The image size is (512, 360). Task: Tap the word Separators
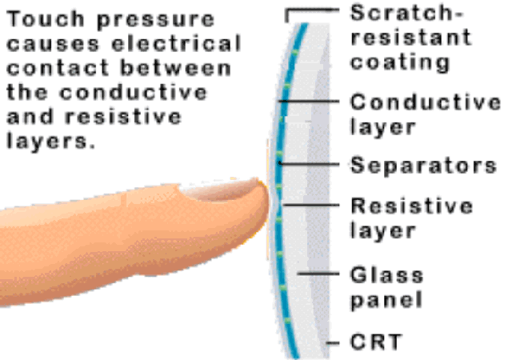423,166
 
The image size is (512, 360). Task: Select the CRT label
375,342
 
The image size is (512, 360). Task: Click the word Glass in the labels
386,275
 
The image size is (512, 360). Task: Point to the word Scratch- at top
407,13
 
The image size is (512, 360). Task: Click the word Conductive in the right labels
425,102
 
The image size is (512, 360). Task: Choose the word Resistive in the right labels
411,206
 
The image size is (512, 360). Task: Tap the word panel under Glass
386,300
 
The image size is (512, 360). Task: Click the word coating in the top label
400,62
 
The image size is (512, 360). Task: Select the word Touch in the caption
46,19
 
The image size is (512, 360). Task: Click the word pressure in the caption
156,21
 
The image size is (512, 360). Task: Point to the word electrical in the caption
176,43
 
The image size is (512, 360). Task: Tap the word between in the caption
176,68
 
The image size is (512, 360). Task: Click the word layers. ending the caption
51,142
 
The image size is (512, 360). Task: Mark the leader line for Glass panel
318,274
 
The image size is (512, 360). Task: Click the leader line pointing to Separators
310,164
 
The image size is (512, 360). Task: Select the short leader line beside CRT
333,342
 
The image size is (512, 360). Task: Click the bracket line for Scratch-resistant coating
312,10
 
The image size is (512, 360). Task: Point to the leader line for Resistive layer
311,205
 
